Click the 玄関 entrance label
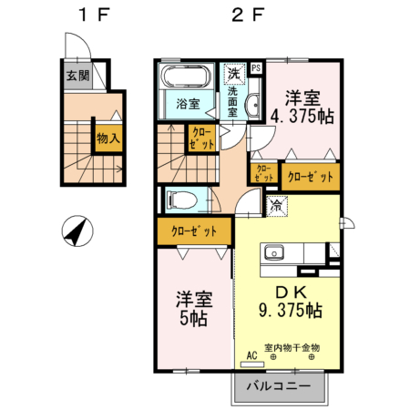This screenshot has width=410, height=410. point(77,77)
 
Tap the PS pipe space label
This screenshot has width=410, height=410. point(255,67)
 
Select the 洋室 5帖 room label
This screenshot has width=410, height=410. point(192,308)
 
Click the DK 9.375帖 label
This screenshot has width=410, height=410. point(290,300)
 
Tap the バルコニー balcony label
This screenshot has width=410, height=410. point(279,387)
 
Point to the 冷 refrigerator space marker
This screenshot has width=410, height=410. point(276,207)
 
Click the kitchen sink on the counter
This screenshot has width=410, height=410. point(274,252)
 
